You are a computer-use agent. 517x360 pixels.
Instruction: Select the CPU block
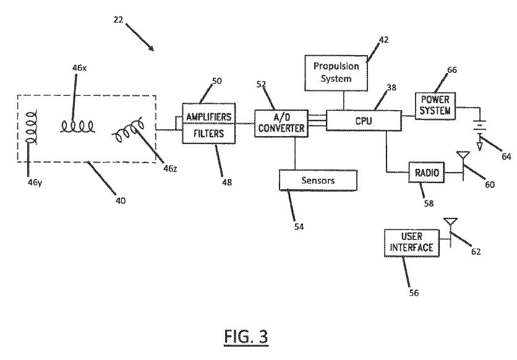click(363, 120)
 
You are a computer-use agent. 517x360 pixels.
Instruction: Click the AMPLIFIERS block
click(208, 117)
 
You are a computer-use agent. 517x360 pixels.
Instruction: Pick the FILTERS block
click(208, 133)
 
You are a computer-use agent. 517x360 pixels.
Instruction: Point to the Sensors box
click(318, 180)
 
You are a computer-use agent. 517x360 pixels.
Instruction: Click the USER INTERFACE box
click(410, 243)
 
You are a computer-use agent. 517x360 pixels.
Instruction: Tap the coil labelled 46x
click(77, 127)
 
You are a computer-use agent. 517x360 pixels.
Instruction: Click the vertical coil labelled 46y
click(29, 132)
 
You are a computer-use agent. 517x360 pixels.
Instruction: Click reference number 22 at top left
click(119, 20)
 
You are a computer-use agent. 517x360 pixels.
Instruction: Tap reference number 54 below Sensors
click(299, 226)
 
